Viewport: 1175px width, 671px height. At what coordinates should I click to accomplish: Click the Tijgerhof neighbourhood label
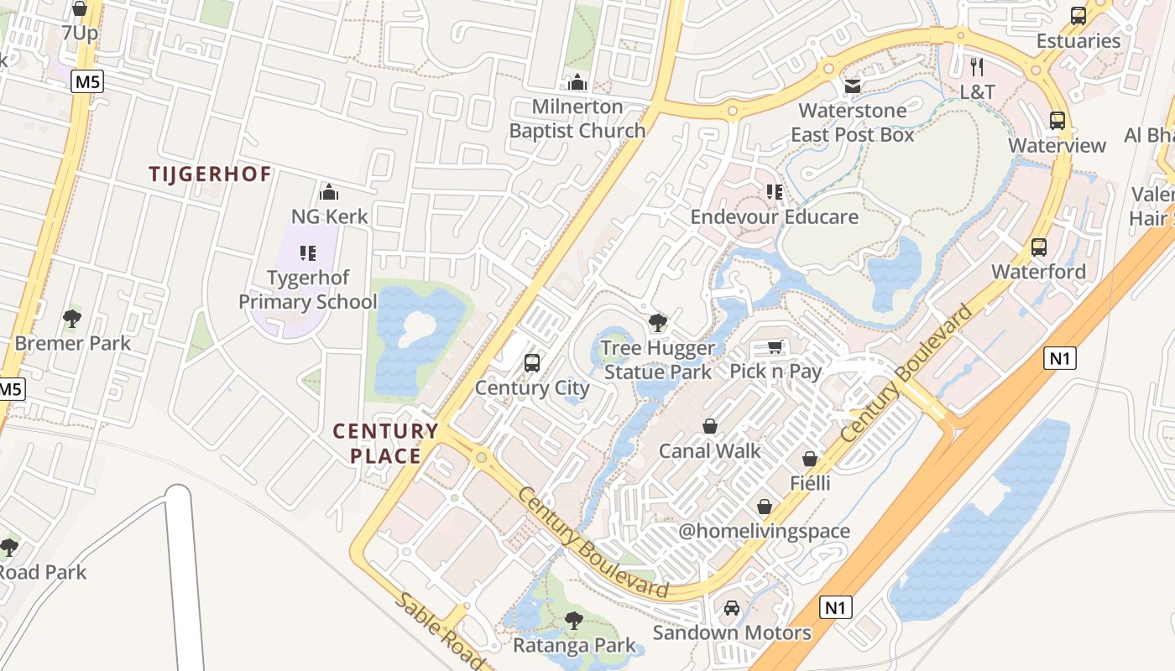(x=210, y=174)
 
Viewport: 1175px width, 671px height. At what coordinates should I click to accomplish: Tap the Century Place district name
(x=385, y=444)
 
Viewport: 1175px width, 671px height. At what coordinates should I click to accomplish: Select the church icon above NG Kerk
(x=329, y=192)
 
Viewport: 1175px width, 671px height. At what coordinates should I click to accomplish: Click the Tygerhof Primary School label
(x=308, y=289)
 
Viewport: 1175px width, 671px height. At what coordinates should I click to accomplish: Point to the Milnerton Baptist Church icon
(x=577, y=82)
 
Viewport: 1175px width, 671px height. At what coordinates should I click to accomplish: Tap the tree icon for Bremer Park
(x=72, y=319)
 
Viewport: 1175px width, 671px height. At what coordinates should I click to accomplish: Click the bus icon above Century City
(x=531, y=363)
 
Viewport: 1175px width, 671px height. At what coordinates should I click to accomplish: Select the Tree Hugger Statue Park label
(x=658, y=360)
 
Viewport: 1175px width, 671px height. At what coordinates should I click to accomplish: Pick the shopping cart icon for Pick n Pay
(x=775, y=347)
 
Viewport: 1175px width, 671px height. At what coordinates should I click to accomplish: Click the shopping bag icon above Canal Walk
(x=710, y=427)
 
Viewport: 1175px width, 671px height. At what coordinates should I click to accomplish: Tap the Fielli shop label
(x=810, y=483)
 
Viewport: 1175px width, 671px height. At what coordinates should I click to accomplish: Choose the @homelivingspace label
(x=764, y=531)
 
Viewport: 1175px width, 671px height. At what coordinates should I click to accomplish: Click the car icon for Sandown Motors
(x=732, y=608)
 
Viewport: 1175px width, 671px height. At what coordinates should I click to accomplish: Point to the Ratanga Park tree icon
(x=574, y=621)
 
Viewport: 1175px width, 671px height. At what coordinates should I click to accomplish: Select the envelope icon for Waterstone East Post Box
(x=853, y=86)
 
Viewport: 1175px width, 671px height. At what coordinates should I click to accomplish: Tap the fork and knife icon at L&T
(x=977, y=67)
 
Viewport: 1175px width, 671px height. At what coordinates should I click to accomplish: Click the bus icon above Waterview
(x=1057, y=121)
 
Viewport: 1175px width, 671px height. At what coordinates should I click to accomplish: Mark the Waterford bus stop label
(x=1038, y=272)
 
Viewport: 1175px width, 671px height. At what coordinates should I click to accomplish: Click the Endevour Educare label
(x=774, y=217)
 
